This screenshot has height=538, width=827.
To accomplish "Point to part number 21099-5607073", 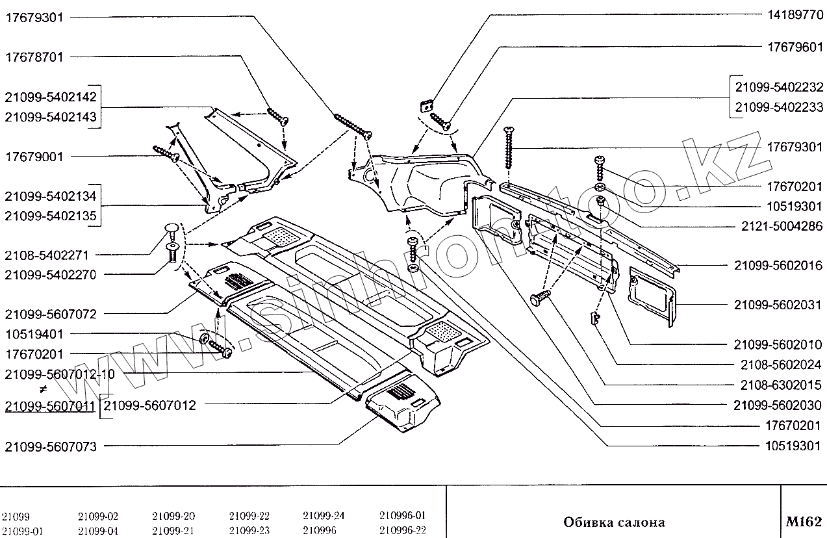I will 50,446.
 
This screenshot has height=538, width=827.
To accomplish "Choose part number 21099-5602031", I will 778,305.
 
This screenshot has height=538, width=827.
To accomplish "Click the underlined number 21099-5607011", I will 50,406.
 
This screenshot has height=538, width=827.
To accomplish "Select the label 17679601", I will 791,47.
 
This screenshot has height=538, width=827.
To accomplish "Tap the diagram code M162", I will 803,522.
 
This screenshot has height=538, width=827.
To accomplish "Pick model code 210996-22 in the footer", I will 402,530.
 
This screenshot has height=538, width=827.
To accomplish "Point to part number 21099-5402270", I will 50,275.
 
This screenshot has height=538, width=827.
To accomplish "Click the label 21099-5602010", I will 778,344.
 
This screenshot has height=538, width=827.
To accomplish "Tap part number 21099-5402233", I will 779,107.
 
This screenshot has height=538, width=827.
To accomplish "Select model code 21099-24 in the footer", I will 323,517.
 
